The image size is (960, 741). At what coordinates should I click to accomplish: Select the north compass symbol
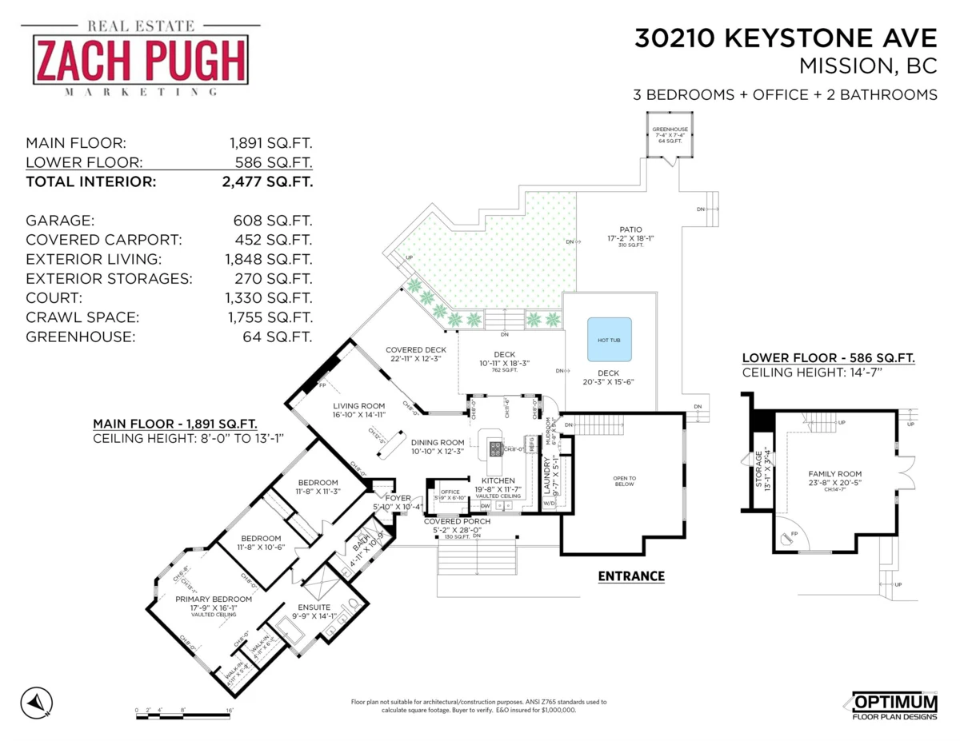click(x=36, y=702)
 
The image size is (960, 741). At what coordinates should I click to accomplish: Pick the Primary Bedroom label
click(x=214, y=599)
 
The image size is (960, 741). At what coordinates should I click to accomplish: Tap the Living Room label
click(x=359, y=406)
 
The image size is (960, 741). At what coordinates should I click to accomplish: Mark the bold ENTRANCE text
click(x=631, y=576)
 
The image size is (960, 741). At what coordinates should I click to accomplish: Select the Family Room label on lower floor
click(x=834, y=474)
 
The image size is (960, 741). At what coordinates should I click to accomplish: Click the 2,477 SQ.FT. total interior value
click(x=269, y=181)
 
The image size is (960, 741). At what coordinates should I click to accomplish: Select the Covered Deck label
click(x=415, y=350)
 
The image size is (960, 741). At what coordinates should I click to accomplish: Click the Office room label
click(x=450, y=492)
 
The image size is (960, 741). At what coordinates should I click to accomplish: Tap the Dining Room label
click(x=438, y=442)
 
